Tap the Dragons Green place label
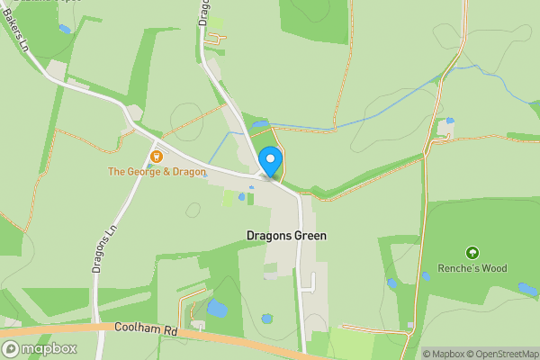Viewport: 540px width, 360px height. tap(286, 236)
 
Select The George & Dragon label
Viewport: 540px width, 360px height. tap(157, 171)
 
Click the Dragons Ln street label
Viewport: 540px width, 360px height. tap(100, 248)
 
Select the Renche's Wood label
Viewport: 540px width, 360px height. tap(472, 268)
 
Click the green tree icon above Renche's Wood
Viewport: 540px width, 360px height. tap(472, 253)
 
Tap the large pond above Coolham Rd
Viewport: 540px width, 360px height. tap(217, 309)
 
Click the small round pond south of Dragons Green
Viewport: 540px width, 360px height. tap(266, 319)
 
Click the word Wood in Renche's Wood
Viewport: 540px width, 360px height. tap(494, 268)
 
